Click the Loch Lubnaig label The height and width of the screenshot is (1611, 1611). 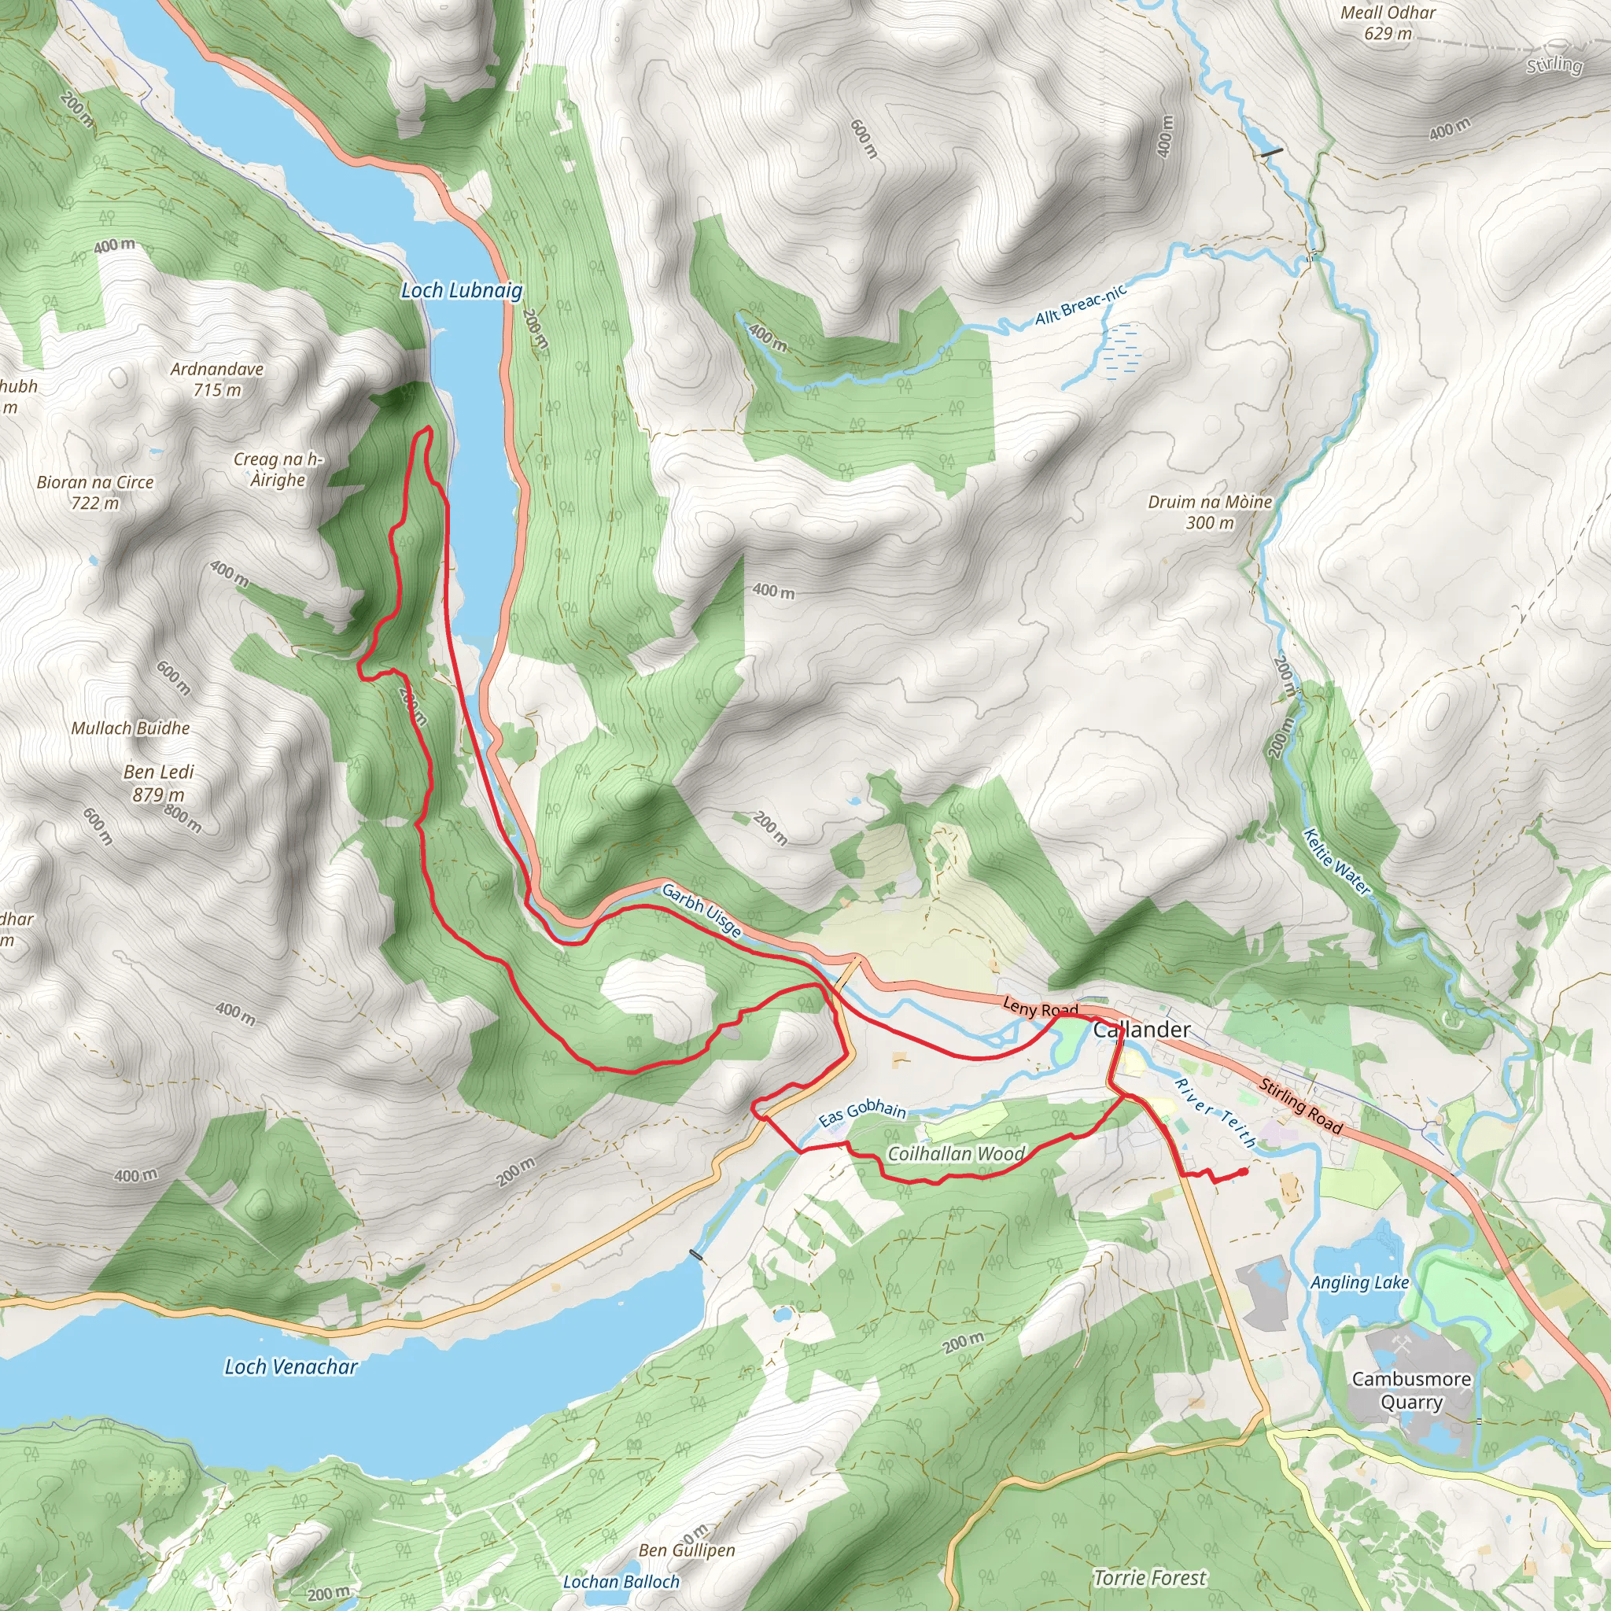click(461, 290)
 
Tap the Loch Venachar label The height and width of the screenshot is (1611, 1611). click(290, 1366)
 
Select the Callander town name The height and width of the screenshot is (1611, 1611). click(1141, 1030)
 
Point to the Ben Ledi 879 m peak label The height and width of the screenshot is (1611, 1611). click(158, 783)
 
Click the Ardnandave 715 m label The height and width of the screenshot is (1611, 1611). click(217, 379)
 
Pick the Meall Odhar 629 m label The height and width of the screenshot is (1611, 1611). click(1388, 23)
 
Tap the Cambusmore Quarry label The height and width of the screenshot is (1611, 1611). click(1411, 1390)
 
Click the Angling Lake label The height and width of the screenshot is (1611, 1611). click(1359, 1282)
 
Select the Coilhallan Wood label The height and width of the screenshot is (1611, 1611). click(956, 1154)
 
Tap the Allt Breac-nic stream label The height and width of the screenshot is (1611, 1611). click(1081, 304)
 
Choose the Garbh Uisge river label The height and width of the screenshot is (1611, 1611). click(700, 911)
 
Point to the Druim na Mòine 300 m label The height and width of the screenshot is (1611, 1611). click(1209, 512)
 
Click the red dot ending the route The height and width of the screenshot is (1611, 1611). click(1244, 1171)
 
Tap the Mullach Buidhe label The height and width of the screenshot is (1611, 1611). click(130, 728)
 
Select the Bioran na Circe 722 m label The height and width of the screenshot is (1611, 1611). click(95, 492)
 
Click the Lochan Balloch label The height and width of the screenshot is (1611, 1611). click(621, 1582)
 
